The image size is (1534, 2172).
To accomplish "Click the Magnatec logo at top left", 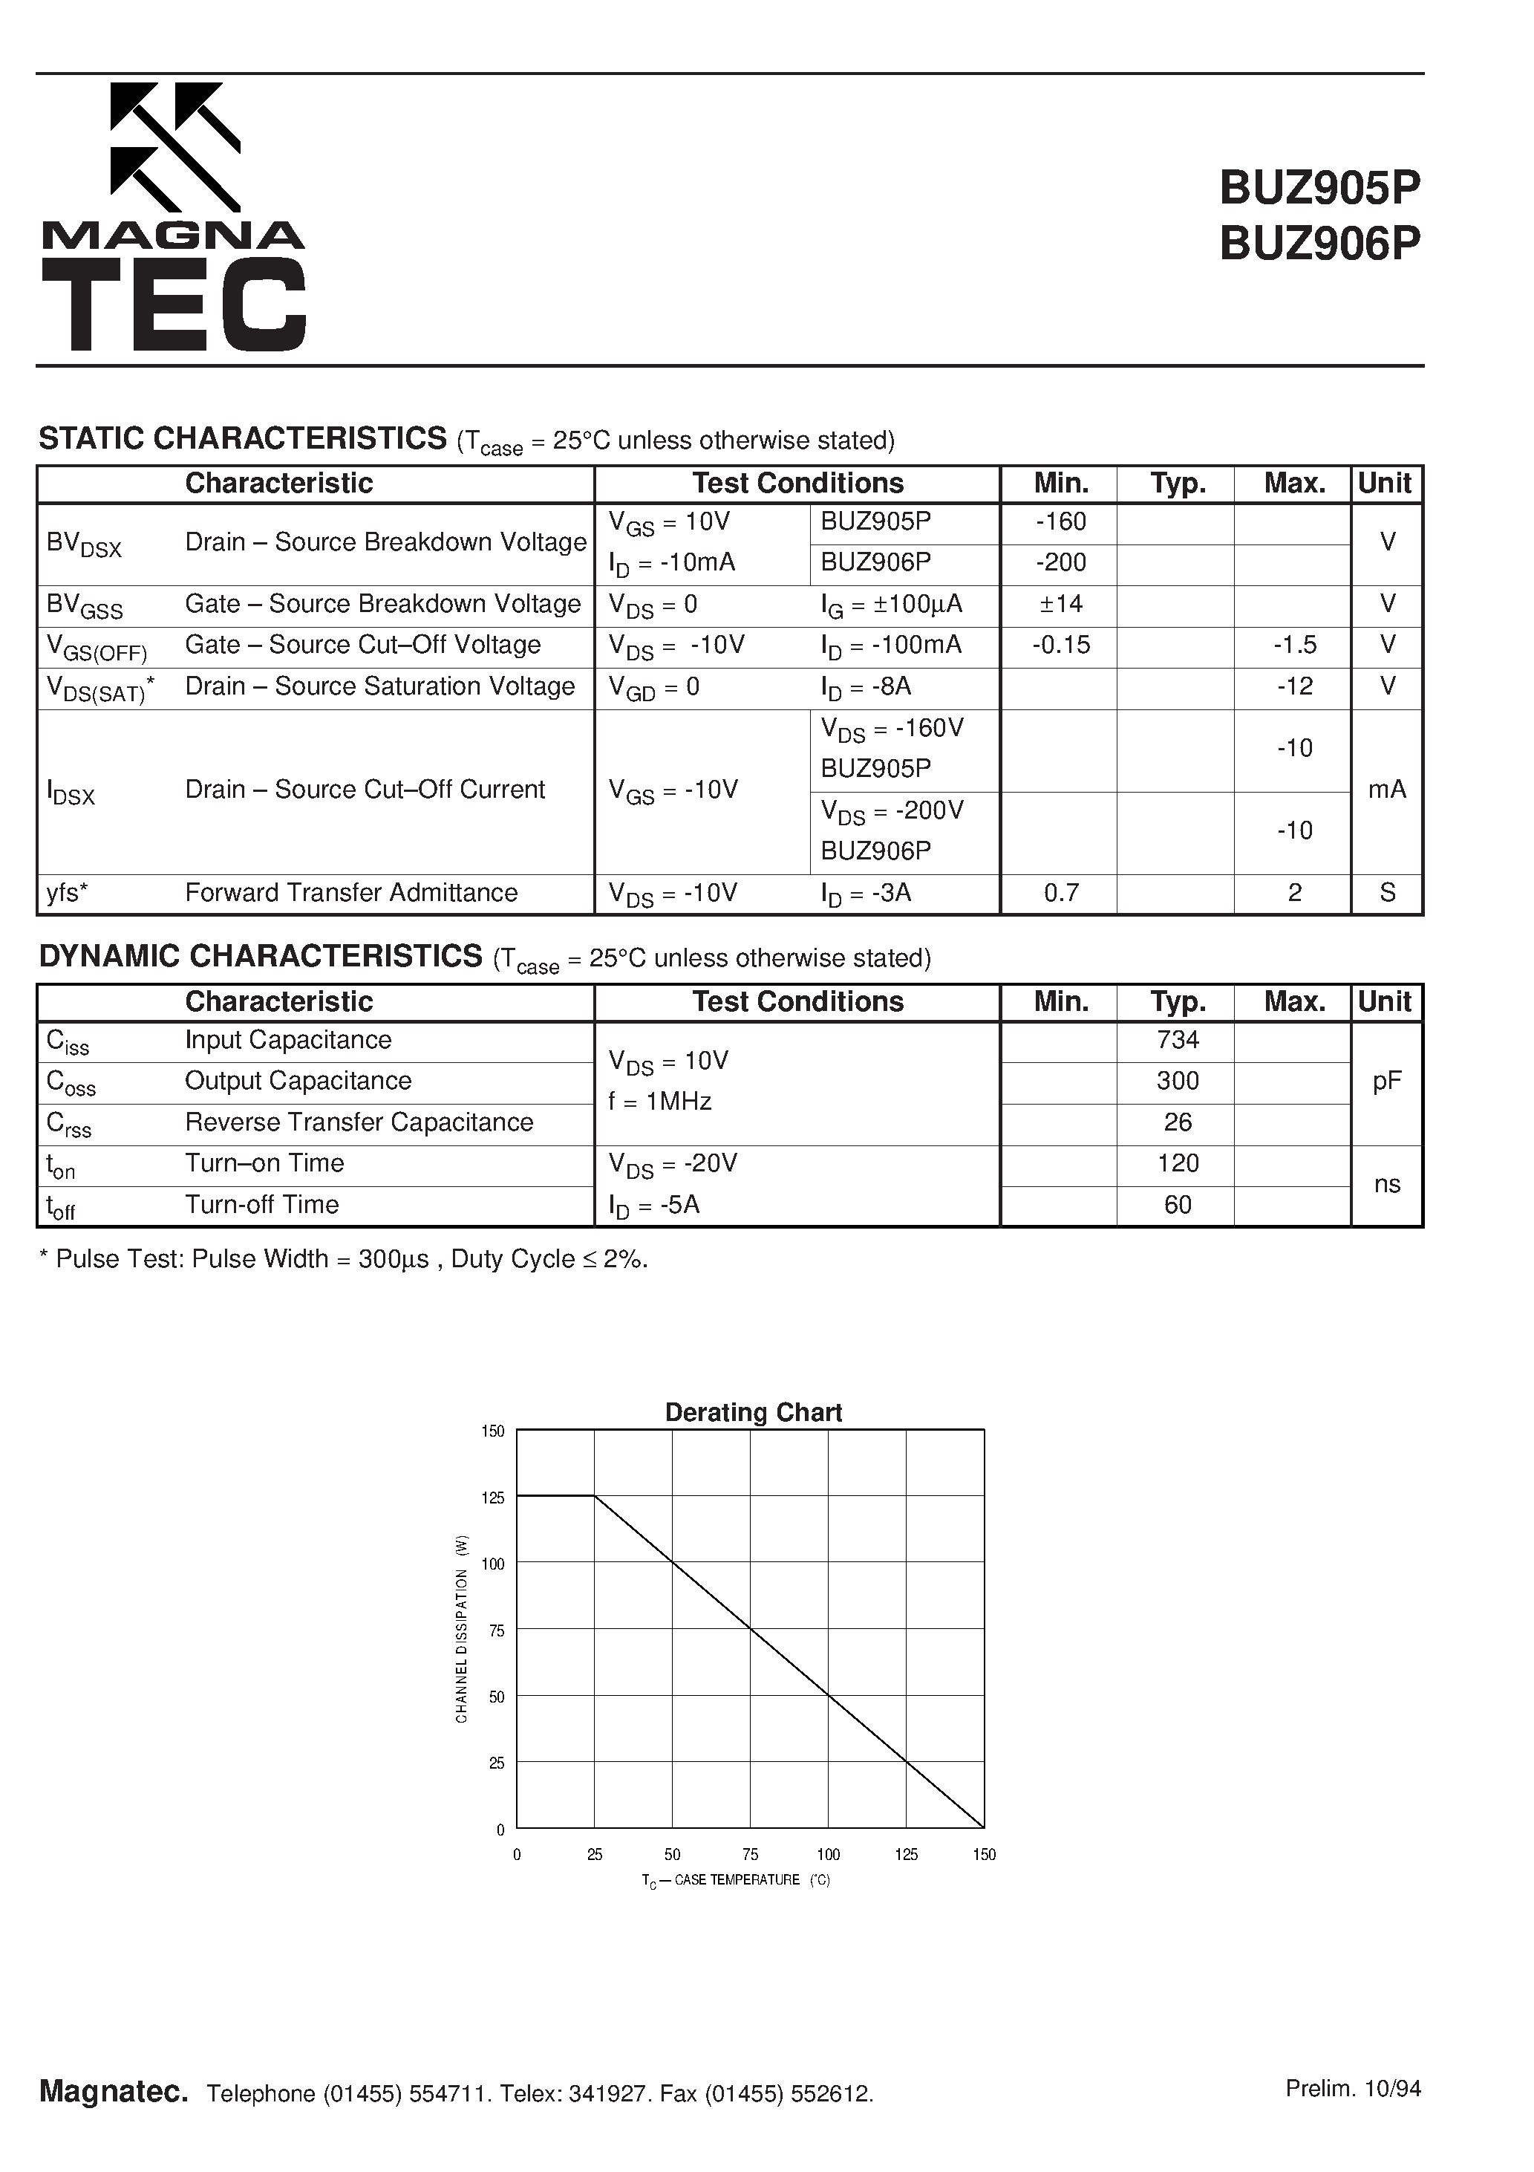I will (173, 218).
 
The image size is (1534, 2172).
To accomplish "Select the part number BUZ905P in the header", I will (1319, 187).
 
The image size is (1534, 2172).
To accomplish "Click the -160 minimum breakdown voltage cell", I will (1060, 522).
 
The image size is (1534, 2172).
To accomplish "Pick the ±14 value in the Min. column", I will (1060, 604).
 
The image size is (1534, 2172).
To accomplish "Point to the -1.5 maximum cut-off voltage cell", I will (1293, 646).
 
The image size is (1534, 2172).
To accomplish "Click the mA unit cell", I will (1386, 790).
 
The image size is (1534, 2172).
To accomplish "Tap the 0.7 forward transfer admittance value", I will (1060, 893).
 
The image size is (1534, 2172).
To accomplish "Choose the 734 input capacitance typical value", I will (1178, 1041).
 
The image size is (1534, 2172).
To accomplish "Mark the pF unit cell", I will (1386, 1082).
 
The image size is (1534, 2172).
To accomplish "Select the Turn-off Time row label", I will (262, 1205).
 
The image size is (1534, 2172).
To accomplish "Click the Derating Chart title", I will (753, 1412).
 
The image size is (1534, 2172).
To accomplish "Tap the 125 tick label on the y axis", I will (493, 1498).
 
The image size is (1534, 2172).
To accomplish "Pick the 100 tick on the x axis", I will (828, 1855).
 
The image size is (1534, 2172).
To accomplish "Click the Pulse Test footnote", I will (343, 1260).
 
